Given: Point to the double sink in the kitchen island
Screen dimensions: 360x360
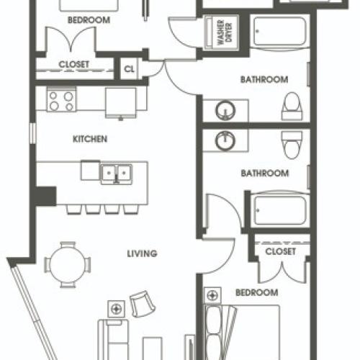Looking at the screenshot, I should pyautogui.click(x=115, y=173).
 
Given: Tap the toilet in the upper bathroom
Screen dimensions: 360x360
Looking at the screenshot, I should pyautogui.click(x=292, y=107).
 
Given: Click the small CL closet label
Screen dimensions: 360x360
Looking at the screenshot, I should pyautogui.click(x=130, y=69).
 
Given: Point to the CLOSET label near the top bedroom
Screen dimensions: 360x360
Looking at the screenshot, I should pyautogui.click(x=73, y=64).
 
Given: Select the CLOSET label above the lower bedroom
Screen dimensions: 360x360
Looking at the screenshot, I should pyautogui.click(x=280, y=252).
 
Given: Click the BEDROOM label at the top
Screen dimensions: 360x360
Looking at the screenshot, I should pyautogui.click(x=89, y=21).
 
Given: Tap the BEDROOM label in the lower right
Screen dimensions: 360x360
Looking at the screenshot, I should pyautogui.click(x=256, y=292).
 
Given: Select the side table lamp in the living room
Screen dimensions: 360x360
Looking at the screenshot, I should pyautogui.click(x=114, y=309).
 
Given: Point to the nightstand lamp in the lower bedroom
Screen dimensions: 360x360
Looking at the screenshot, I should pyautogui.click(x=212, y=294).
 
